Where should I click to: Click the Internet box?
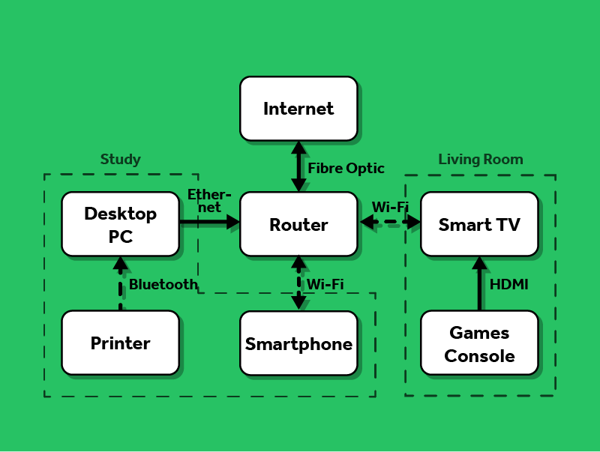pos(298,109)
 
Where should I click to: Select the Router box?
pos(298,224)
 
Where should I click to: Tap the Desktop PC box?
pos(120,224)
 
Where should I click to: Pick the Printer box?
pos(120,343)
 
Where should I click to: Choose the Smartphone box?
pos(298,343)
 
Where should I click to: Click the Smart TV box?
pos(479,224)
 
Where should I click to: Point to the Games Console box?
pos(479,343)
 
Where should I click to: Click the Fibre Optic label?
pos(346,168)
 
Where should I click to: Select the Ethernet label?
pos(209,201)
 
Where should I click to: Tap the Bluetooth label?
pos(163,284)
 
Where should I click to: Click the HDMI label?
pos(508,284)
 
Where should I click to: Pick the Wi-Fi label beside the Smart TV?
pos(390,206)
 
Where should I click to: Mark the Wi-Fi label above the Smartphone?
pos(325,284)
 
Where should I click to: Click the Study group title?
pos(120,159)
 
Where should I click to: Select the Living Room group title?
pos(480,159)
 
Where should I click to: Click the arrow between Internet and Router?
pos(298,166)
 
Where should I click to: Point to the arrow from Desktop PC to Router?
pos(209,222)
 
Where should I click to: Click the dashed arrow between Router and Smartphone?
pos(298,283)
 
